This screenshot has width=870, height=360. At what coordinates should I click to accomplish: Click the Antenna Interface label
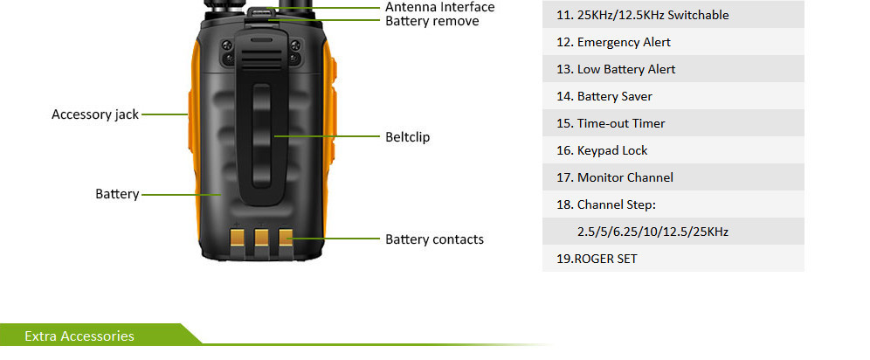point(439,7)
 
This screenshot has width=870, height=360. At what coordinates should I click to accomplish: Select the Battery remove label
point(432,21)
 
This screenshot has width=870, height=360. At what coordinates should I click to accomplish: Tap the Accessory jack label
point(95,114)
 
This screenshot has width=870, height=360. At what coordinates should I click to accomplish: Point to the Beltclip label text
point(408,137)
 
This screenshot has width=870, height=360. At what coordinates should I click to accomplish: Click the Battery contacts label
point(434,239)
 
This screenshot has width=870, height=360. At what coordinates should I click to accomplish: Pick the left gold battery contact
point(237,238)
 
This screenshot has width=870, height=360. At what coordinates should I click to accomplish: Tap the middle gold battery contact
point(260,238)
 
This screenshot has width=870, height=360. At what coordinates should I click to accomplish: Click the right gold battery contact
point(284,238)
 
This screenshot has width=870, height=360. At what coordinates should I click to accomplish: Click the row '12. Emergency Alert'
point(624,42)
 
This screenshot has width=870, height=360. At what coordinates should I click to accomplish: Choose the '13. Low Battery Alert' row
point(625,69)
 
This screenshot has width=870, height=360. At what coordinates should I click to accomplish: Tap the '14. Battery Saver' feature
point(614,96)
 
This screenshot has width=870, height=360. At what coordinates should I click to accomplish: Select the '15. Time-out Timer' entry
point(621,123)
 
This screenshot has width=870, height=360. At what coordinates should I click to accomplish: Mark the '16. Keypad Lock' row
point(612,150)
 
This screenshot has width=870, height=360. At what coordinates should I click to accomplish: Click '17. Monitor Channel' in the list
point(625,177)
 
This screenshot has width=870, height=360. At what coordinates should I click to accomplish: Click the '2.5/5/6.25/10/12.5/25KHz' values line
point(652,232)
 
